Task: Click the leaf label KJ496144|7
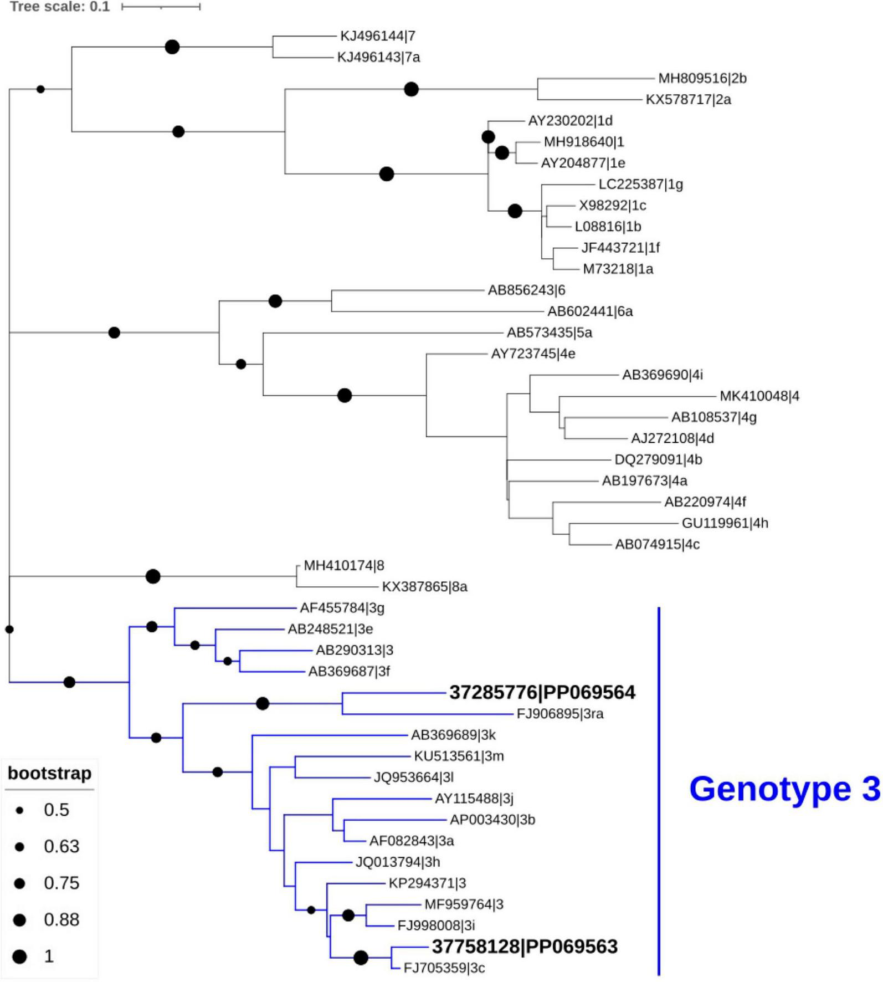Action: (377, 36)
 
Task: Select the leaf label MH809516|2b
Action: (702, 78)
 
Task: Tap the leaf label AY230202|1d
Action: (570, 121)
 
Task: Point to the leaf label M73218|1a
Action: (618, 269)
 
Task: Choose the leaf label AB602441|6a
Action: (590, 311)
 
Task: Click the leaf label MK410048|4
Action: (759, 396)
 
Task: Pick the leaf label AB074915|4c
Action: (657, 545)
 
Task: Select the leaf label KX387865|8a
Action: (424, 587)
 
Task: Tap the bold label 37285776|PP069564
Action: (542, 693)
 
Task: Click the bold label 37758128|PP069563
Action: (524, 947)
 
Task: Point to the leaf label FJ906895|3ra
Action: (559, 714)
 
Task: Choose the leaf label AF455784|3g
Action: (342, 608)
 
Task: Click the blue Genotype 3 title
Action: (784, 789)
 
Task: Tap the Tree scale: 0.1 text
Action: (60, 7)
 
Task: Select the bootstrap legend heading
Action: (49, 773)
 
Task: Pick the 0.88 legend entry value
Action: (61, 920)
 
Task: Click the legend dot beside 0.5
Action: (20, 810)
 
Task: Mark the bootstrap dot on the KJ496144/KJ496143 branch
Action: (172, 47)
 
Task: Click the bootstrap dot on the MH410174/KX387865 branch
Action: (153, 576)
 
